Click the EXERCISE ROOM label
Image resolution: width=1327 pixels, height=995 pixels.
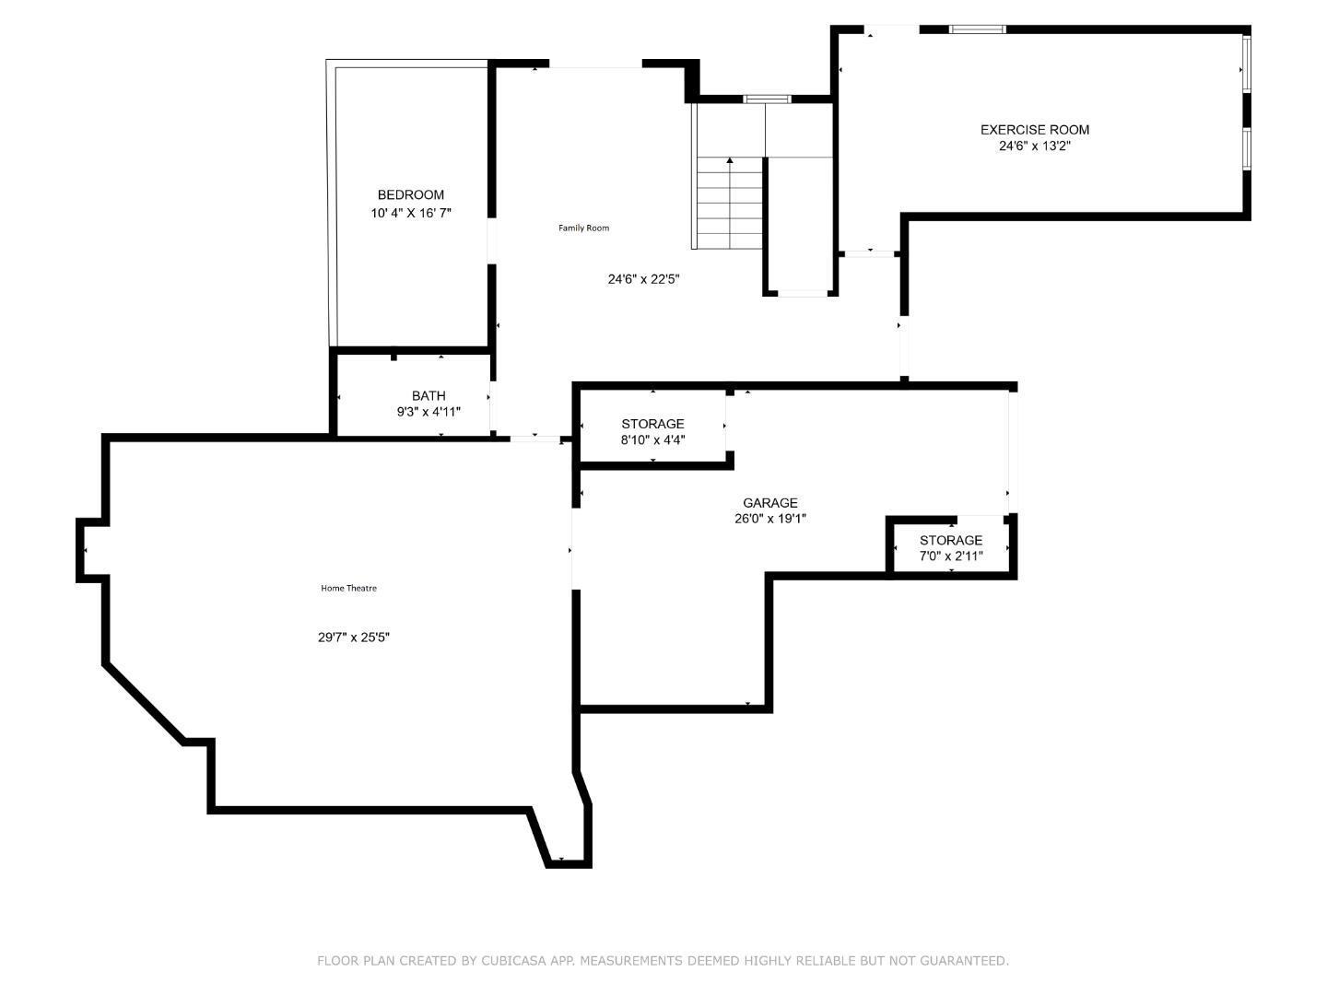(1034, 130)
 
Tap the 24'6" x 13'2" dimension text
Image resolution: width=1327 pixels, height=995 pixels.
(1034, 146)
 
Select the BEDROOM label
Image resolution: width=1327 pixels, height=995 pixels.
(410, 194)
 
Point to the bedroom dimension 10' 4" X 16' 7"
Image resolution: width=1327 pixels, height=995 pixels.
(410, 213)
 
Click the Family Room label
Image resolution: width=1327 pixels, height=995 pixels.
(583, 228)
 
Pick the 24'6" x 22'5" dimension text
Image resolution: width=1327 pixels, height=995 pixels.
(643, 279)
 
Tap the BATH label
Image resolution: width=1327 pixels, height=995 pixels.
(429, 395)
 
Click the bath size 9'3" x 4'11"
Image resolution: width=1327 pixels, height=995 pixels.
(429, 412)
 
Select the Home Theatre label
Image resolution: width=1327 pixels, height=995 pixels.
(348, 588)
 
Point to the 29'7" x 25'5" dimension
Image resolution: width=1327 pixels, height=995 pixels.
(354, 637)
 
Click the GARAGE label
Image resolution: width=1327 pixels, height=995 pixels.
(770, 502)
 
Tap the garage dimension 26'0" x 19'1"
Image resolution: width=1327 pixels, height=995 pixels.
(770, 519)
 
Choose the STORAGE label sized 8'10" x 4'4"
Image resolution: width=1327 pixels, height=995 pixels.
(652, 424)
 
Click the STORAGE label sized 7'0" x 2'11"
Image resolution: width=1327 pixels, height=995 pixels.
(951, 540)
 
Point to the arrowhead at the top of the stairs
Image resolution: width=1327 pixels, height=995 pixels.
(730, 161)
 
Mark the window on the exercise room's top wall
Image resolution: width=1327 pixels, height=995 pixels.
(977, 29)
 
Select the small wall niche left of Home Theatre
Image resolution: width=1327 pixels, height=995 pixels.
(90, 550)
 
